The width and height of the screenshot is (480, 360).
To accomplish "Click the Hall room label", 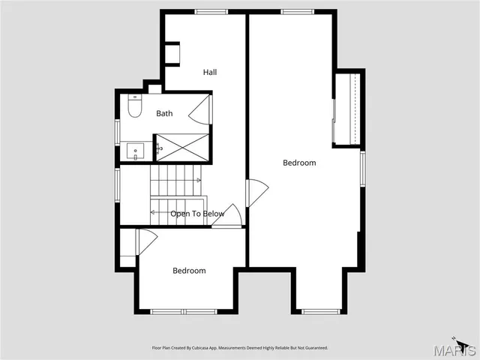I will point(210,73).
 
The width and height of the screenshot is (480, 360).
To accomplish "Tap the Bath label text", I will point(164,113).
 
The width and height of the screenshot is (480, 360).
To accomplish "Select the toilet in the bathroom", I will point(135,109).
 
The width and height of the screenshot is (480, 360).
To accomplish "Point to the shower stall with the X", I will point(180,147).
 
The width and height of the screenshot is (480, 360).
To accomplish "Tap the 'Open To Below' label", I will point(197,214).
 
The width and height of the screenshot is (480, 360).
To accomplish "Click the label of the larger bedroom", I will point(299,163).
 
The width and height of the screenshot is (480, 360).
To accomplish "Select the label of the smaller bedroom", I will point(189,271).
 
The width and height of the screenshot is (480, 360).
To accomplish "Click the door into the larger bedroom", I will point(256,193).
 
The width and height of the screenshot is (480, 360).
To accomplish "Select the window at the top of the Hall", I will point(211,11).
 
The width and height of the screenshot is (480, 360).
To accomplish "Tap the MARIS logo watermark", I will point(458,349).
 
